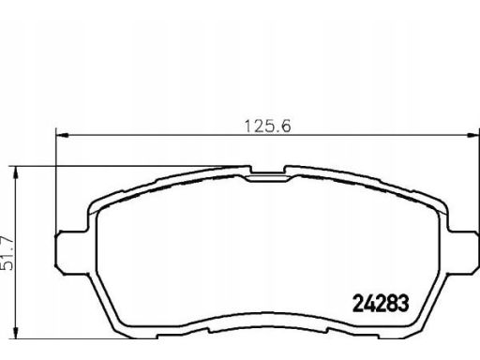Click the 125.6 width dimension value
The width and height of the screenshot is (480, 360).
point(267,127)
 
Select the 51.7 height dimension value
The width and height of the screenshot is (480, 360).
point(7,253)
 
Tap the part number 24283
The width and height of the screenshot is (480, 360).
point(381,303)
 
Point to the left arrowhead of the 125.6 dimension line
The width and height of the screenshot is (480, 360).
point(62,135)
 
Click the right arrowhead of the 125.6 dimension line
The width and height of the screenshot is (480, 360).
point(472,135)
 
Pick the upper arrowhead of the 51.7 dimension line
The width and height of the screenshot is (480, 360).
point(15,172)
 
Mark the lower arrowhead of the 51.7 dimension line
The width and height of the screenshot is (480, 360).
point(15,332)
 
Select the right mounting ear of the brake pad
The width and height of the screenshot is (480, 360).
point(463,252)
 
